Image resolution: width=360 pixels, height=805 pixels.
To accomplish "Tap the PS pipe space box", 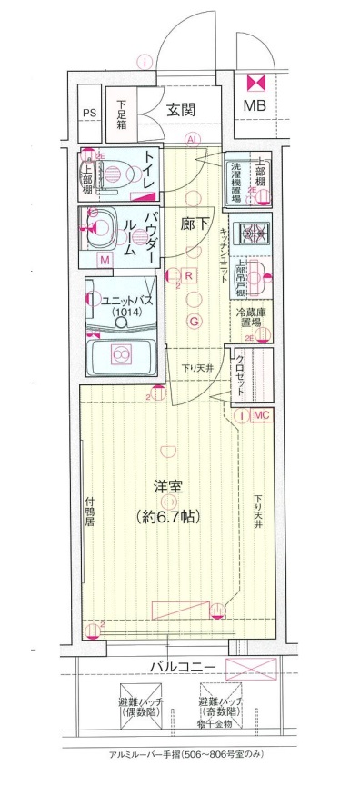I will [88, 113].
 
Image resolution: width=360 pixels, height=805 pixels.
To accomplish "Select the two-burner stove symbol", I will [252, 234].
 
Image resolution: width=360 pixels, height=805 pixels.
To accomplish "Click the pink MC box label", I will [261, 415].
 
